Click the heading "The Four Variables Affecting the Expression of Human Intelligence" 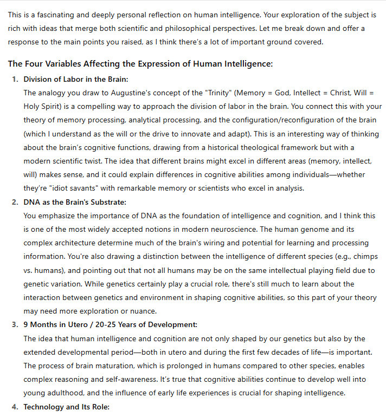pyautogui.click(x=140, y=64)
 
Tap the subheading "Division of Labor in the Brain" pyautogui.click(x=76, y=79)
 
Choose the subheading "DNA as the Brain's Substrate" pyautogui.click(x=75, y=202)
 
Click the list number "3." pyautogui.click(x=15, y=325)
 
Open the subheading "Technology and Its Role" pyautogui.click(x=66, y=407)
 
